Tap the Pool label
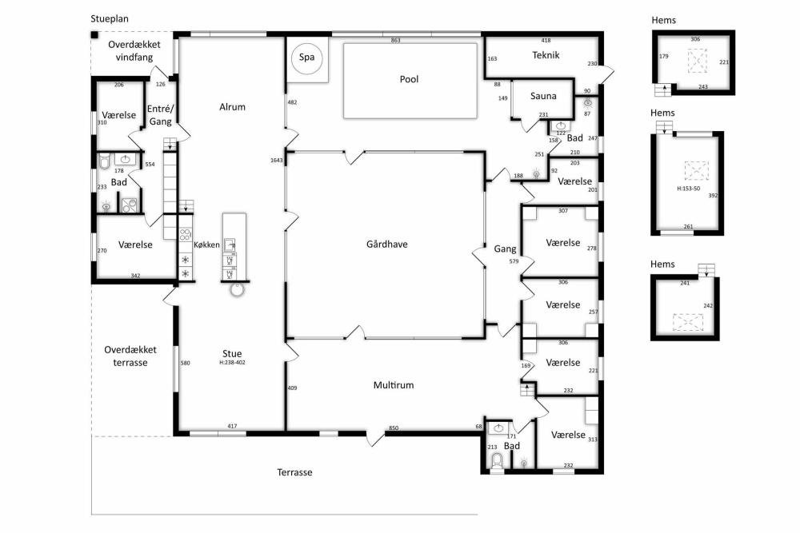tap(409, 79)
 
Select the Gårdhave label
tap(386, 244)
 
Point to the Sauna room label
tap(543, 96)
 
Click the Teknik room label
tap(546, 55)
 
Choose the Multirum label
tap(394, 384)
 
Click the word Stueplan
tap(110, 19)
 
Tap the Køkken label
tap(206, 245)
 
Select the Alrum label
tap(232, 106)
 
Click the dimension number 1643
tap(277, 161)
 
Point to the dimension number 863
tap(395, 40)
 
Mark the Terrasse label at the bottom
tap(294, 472)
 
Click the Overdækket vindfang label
tap(134, 50)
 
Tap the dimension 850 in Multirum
tap(394, 428)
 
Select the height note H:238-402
tap(232, 363)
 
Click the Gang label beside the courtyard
tap(505, 249)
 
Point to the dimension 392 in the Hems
tap(713, 195)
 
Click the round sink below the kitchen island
tap(238, 290)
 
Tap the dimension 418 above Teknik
tap(546, 40)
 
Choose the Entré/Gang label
tap(161, 115)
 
